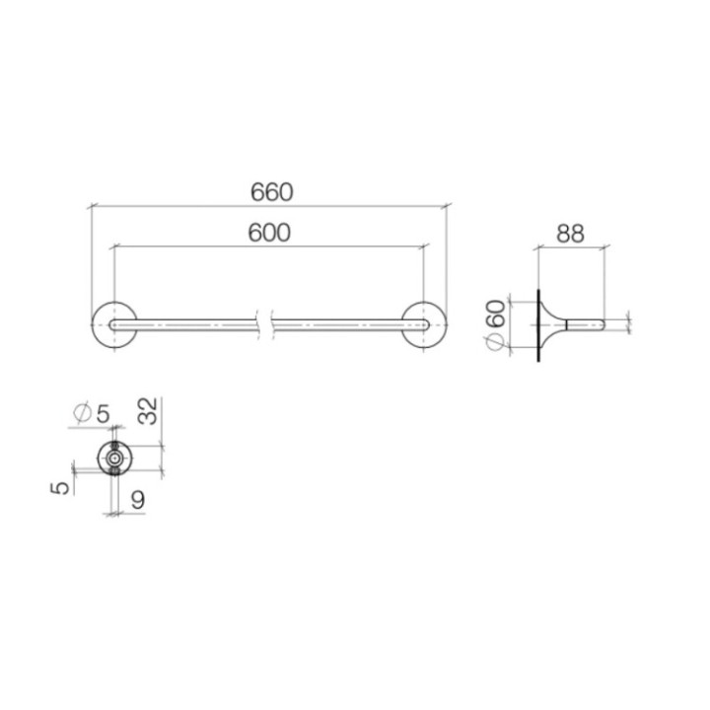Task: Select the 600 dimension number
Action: click(x=270, y=233)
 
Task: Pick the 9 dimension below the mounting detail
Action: click(x=138, y=500)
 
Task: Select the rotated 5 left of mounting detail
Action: click(x=62, y=486)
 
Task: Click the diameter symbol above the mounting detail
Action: click(x=82, y=412)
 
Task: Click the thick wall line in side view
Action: click(x=538, y=325)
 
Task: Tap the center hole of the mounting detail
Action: click(x=116, y=459)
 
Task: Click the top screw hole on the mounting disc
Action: click(x=116, y=447)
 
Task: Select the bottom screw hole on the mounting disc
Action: click(x=116, y=471)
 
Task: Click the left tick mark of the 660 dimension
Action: click(x=91, y=207)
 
